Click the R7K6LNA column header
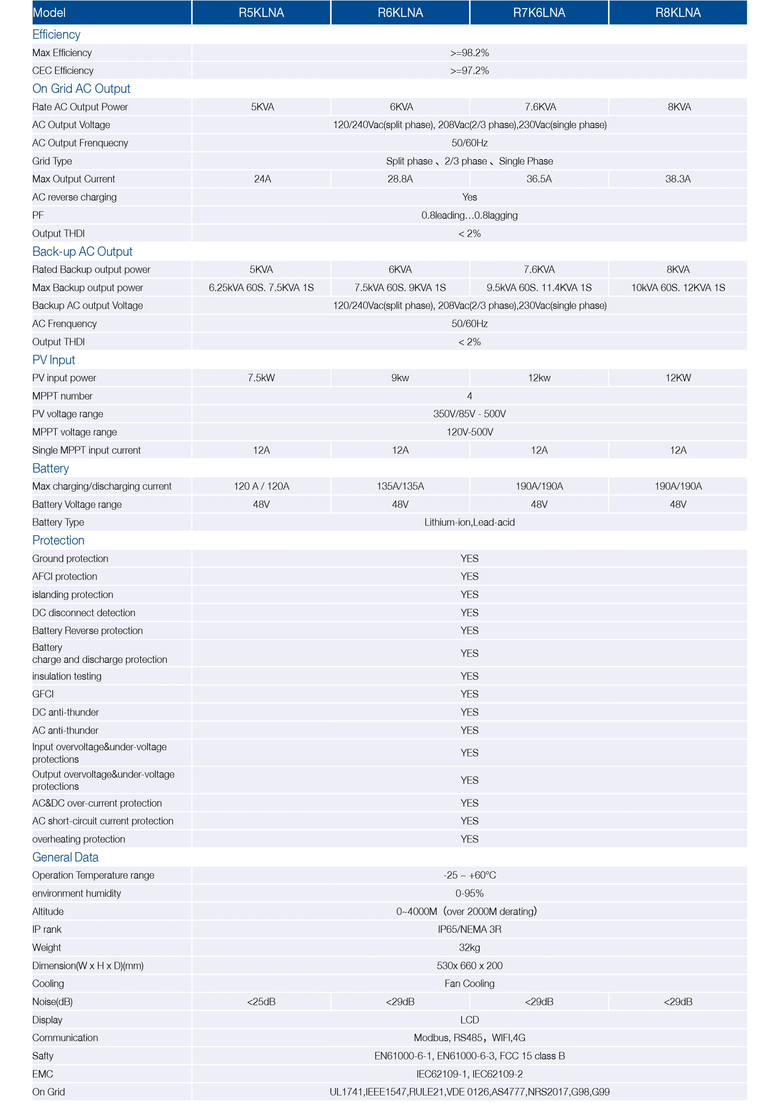click(x=539, y=13)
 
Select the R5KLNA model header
click(x=261, y=13)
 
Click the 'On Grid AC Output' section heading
click(x=81, y=89)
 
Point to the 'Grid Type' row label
click(x=52, y=161)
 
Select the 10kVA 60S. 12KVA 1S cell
click(x=678, y=288)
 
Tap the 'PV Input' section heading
click(x=53, y=360)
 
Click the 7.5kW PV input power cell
click(x=261, y=378)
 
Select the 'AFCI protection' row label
click(x=64, y=576)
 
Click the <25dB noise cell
click(x=261, y=1002)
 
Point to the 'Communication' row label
click(x=65, y=1038)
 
